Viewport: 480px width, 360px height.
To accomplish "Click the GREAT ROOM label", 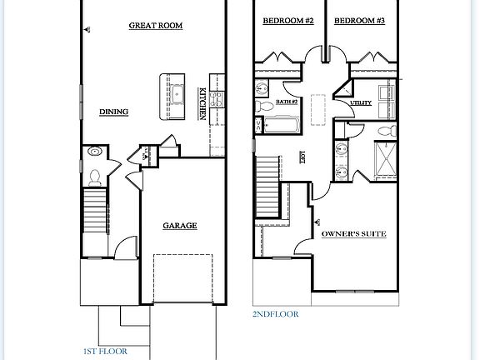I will pyautogui.click(x=155, y=26).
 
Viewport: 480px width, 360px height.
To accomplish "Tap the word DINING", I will pyautogui.click(x=112, y=112).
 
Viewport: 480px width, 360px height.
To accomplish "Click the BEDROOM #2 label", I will pyautogui.click(x=287, y=19).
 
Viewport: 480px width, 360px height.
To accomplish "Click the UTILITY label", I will pyautogui.click(x=361, y=102).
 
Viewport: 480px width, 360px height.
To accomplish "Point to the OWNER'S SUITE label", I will pyautogui.click(x=354, y=236).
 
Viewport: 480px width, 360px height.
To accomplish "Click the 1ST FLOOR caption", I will pyautogui.click(x=106, y=352).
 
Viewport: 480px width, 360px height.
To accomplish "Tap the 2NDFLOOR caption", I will pyautogui.click(x=275, y=314).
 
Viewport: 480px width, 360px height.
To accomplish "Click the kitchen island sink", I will pyautogui.click(x=176, y=87).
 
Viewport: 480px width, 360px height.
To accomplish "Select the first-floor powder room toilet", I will pyautogui.click(x=95, y=176).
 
